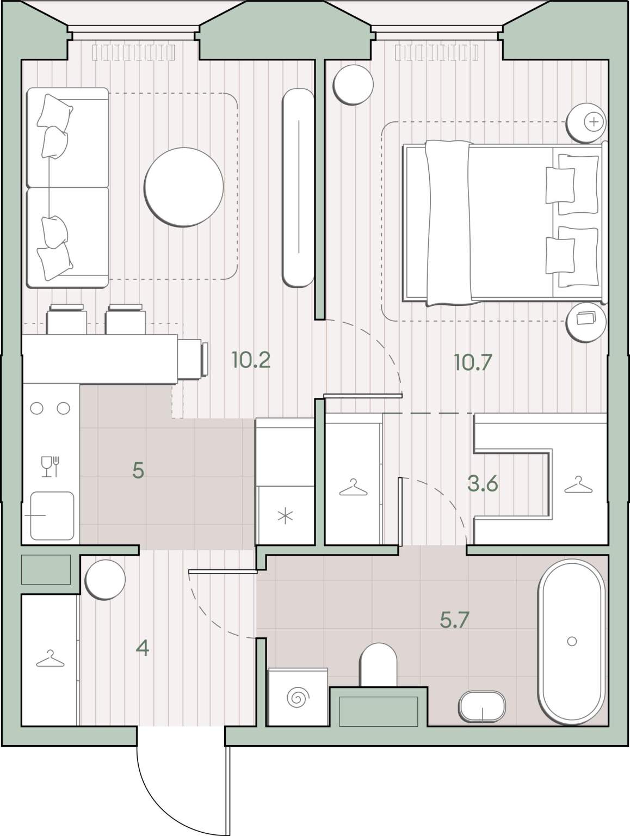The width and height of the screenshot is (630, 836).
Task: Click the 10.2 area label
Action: [251, 360]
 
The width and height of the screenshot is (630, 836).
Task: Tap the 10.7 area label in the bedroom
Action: [473, 362]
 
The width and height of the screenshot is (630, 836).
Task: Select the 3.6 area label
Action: [483, 484]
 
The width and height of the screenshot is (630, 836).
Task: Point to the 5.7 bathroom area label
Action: [454, 620]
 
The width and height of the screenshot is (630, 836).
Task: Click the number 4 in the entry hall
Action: [143, 648]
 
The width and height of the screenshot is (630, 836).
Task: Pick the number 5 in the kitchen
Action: [138, 471]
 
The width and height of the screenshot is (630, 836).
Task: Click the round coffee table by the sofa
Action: [184, 187]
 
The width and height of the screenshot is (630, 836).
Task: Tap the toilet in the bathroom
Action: [378, 665]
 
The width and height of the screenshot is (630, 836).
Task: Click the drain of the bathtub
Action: [572, 641]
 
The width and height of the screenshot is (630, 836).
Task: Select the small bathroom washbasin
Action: [483, 706]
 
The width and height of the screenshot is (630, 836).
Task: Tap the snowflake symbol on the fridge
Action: [285, 517]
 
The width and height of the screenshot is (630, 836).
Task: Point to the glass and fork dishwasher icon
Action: [50, 466]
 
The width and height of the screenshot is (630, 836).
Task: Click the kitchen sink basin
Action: [52, 515]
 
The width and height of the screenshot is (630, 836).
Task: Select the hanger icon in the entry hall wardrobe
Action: [50, 659]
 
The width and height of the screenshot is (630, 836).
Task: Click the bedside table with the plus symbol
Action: [586, 122]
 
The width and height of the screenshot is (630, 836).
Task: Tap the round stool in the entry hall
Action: [105, 580]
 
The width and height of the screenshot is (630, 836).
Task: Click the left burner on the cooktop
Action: [37, 408]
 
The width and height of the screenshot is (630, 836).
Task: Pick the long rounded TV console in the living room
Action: [298, 187]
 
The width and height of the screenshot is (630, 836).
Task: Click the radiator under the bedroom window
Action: [437, 53]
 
